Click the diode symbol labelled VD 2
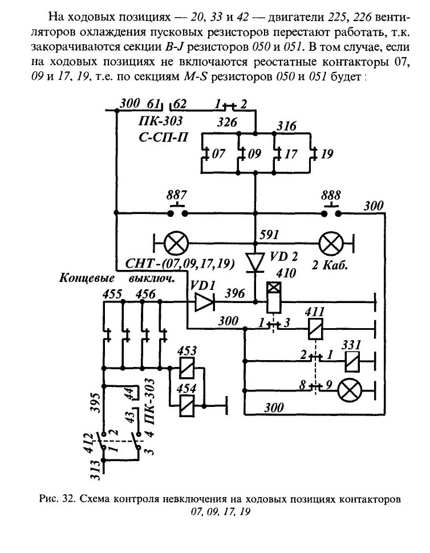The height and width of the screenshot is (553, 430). click(255, 263)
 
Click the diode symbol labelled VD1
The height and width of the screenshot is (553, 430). click(204, 302)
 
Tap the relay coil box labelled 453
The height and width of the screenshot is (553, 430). click(187, 368)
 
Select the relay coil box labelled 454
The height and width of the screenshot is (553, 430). click(187, 406)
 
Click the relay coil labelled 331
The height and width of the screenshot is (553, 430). click(352, 361)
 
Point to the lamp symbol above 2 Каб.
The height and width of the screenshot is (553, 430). click(331, 244)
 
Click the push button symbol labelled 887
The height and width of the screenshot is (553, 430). click(177, 210)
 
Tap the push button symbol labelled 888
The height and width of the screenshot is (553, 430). click(331, 210)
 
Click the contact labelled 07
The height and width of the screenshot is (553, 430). click(205, 154)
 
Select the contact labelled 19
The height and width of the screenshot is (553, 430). click(313, 154)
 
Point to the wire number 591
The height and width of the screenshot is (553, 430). click(270, 235)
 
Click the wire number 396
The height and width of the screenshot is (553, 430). click(235, 293)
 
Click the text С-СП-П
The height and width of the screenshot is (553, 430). click(163, 138)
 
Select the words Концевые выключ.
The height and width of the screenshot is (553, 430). click(117, 278)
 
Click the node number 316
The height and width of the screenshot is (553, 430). click(286, 126)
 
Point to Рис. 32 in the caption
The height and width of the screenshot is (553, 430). click(56, 499)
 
